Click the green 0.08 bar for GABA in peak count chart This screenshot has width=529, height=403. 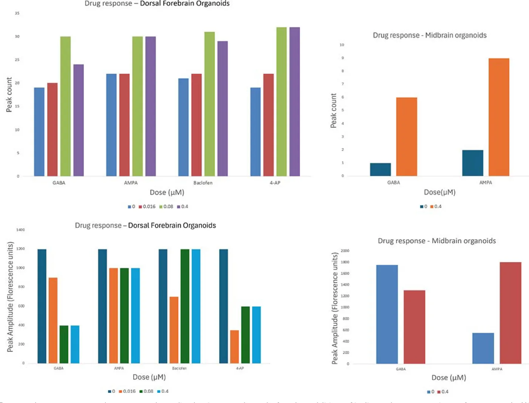(65, 106)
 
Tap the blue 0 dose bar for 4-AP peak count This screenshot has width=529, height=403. (255, 132)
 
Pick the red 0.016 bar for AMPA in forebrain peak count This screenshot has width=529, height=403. (124, 125)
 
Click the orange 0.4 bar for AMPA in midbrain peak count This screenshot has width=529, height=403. (499, 117)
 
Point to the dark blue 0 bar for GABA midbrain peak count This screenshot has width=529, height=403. (381, 170)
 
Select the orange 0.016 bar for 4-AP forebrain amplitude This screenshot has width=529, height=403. (234, 347)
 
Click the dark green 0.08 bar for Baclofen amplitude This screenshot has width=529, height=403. (185, 306)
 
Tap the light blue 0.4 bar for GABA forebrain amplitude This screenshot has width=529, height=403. (75, 344)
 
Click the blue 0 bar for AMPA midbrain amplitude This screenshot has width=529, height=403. (483, 348)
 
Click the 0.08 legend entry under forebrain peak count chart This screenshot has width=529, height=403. (166, 207)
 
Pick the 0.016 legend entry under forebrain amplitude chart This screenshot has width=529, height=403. (127, 391)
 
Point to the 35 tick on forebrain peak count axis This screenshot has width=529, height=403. (17, 13)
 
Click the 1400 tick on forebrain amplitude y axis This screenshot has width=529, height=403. (20, 230)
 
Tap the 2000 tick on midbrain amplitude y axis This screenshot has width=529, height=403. (345, 251)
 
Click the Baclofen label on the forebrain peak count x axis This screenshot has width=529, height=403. (203, 183)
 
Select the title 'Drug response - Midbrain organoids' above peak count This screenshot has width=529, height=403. (430, 35)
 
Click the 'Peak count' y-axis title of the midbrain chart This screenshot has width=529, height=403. (333, 110)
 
